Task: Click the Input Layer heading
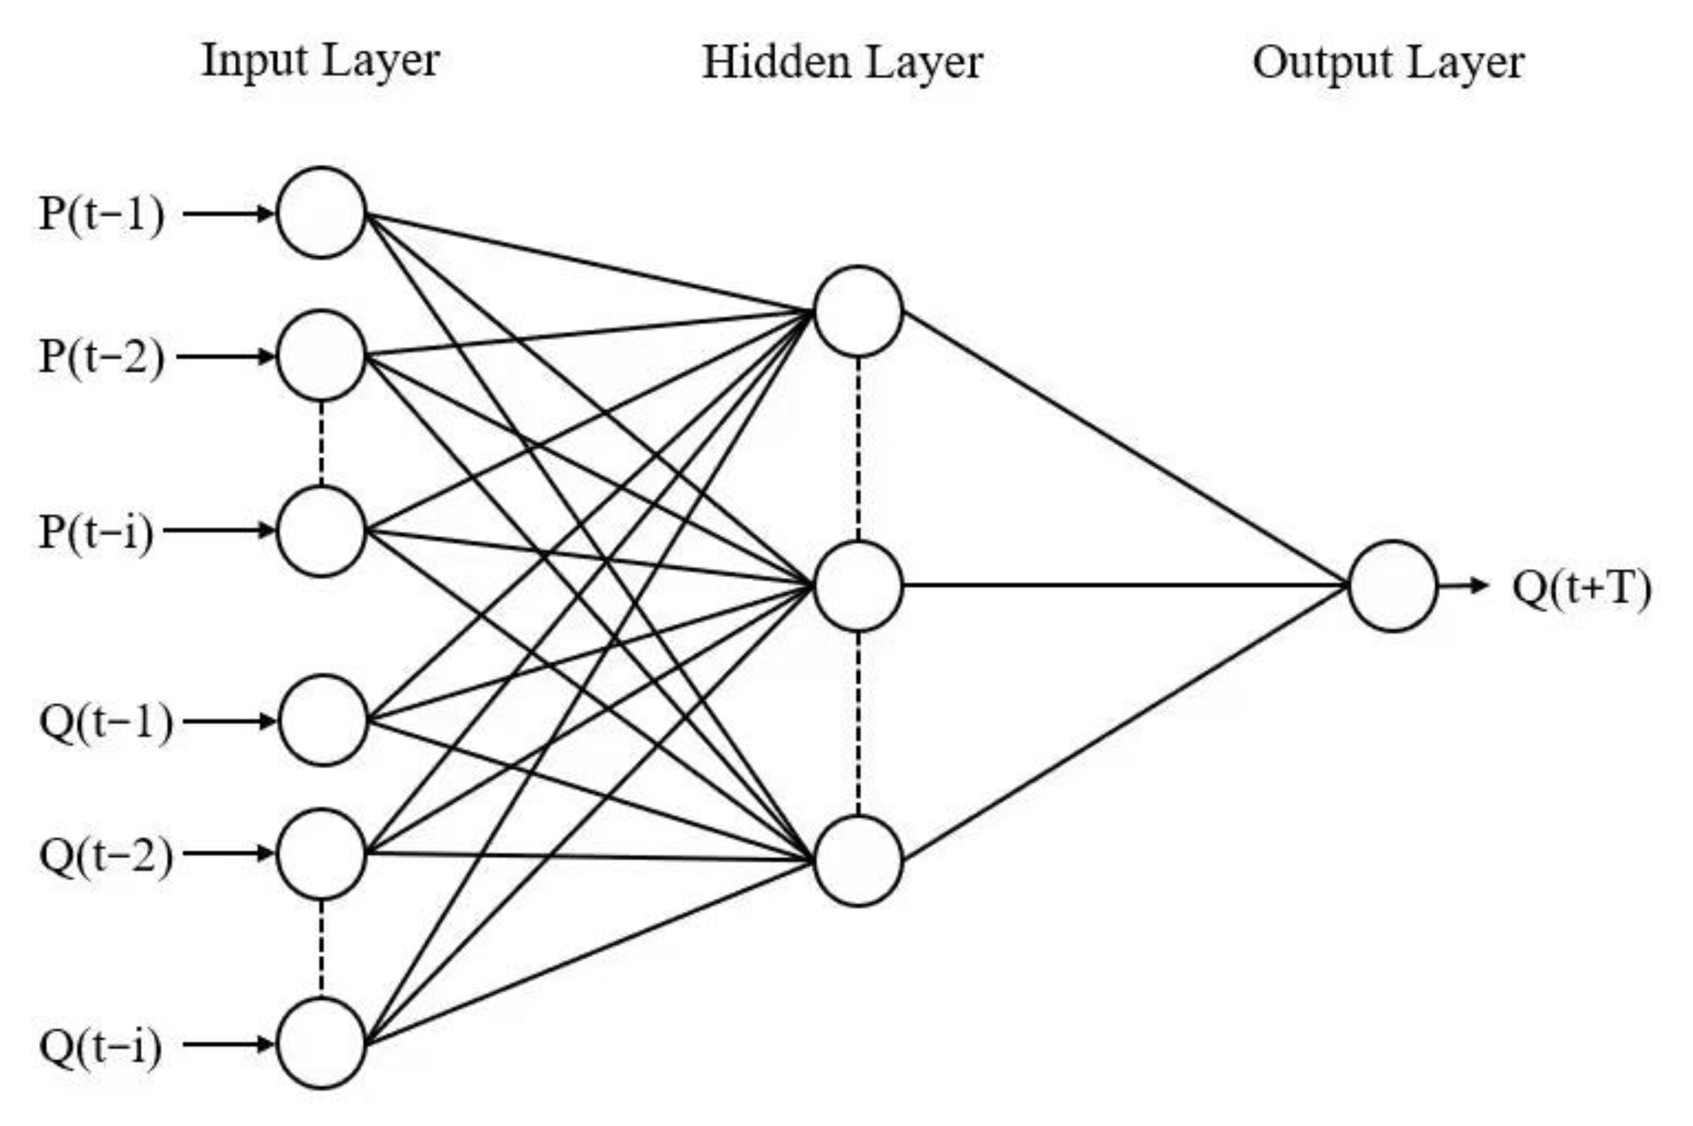click(x=321, y=60)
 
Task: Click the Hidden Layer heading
click(x=841, y=63)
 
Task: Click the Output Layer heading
click(x=1388, y=63)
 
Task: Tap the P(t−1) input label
click(x=101, y=214)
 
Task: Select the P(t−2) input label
click(x=101, y=356)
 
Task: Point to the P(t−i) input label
click(x=96, y=532)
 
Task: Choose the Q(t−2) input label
click(x=106, y=855)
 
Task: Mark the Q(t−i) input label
click(x=101, y=1046)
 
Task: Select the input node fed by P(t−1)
click(x=321, y=213)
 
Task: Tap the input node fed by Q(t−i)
click(x=321, y=1043)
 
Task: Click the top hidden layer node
click(x=858, y=311)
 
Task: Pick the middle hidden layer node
click(x=858, y=586)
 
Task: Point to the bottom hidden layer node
click(x=858, y=861)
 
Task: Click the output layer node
click(x=1393, y=586)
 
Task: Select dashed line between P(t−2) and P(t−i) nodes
click(x=321, y=442)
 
